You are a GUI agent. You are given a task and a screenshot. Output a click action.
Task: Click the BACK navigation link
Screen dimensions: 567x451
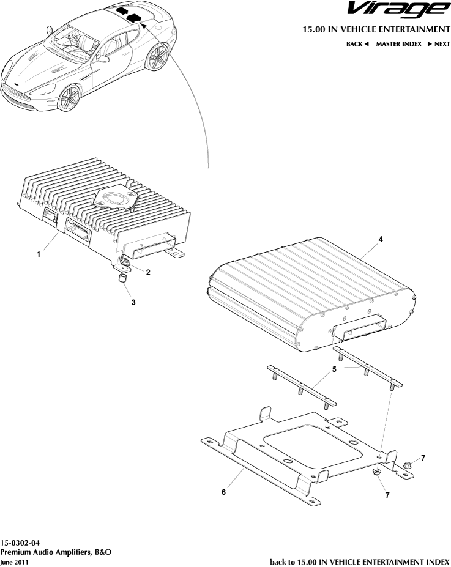[357, 44]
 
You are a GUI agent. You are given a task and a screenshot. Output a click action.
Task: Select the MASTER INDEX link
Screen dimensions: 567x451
[398, 44]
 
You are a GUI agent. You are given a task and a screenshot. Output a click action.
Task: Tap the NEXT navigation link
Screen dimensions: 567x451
[438, 44]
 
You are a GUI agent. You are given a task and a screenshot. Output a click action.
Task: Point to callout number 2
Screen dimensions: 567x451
[147, 273]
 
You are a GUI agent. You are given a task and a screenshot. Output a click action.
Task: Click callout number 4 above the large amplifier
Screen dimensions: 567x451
[381, 240]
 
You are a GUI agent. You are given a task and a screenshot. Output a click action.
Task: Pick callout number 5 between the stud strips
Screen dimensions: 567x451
[334, 369]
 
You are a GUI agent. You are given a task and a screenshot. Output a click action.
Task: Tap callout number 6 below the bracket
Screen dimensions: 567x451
[223, 491]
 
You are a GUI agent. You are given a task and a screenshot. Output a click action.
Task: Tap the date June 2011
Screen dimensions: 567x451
[14, 561]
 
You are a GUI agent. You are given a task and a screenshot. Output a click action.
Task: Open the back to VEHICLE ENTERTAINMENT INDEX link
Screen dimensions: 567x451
[359, 561]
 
